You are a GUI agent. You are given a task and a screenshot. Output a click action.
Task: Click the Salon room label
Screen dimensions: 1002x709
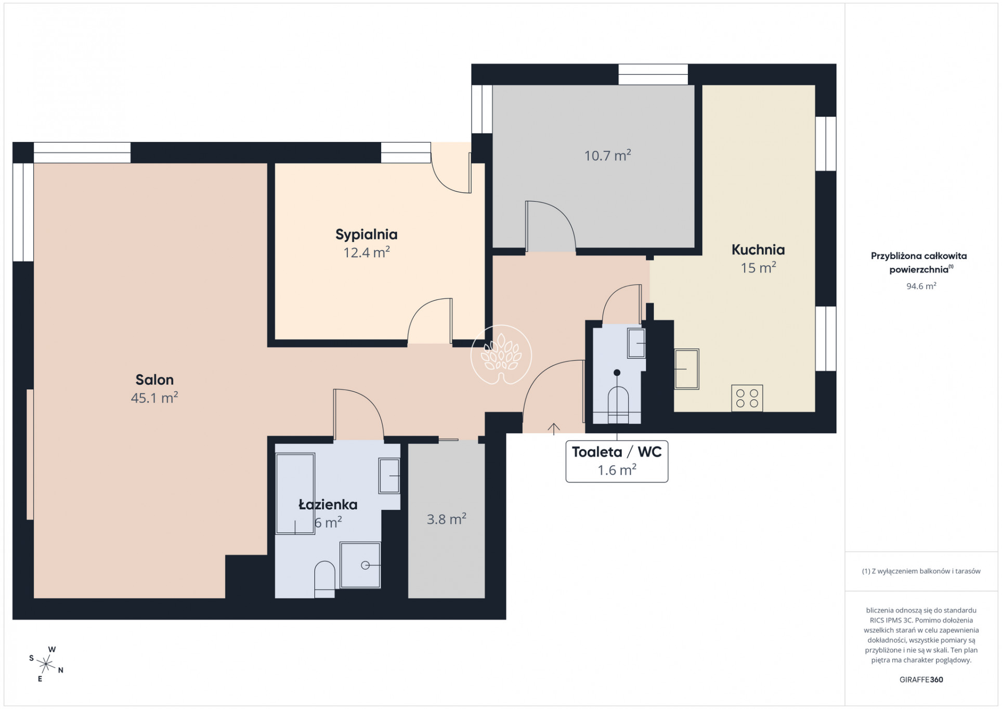tap(154, 380)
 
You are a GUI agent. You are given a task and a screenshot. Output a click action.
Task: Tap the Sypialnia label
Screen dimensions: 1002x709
tap(367, 235)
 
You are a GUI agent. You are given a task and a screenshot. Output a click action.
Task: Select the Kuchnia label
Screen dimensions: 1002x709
tap(758, 250)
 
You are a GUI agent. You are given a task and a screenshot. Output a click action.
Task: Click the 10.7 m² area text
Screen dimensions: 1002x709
tap(607, 155)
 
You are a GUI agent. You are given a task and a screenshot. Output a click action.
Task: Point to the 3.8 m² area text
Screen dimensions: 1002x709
tap(446, 519)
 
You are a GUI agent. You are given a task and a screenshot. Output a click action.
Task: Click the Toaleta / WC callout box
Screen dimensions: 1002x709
tap(617, 462)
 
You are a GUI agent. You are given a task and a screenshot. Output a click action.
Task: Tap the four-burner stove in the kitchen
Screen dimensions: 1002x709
tap(747, 398)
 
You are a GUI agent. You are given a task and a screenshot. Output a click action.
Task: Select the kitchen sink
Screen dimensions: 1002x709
tap(686, 369)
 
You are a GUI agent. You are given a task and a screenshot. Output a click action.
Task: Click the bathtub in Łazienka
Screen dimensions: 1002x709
tap(295, 494)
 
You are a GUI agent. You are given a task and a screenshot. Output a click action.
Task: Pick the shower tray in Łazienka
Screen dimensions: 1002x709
tap(360, 565)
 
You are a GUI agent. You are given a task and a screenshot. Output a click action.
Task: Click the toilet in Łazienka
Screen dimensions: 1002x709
tap(325, 579)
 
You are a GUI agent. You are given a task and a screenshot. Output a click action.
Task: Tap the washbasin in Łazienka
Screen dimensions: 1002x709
tap(389, 476)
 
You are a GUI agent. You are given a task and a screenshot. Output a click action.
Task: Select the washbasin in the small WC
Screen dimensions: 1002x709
tap(636, 343)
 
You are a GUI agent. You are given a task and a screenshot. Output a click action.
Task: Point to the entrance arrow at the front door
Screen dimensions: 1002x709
tap(554, 428)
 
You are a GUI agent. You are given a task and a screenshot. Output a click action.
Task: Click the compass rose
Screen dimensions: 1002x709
tap(47, 664)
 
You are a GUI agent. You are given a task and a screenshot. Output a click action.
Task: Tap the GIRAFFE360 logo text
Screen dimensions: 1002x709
tap(921, 679)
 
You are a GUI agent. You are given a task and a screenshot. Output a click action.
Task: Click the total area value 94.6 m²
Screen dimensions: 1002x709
tap(921, 286)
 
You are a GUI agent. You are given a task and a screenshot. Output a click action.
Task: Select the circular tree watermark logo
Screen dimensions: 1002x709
tap(501, 354)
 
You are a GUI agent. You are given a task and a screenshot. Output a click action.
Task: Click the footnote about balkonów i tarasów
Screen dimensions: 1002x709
tap(921, 571)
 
